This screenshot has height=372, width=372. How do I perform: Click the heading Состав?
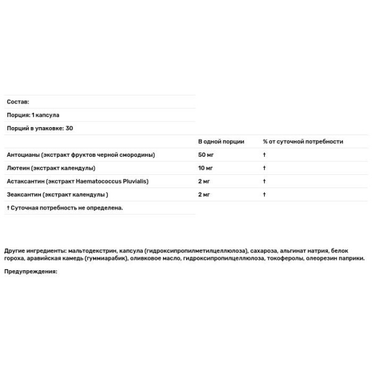click(x=17, y=101)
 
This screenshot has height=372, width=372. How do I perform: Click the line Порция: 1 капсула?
click(x=33, y=115)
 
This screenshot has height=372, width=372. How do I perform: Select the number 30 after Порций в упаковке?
click(x=69, y=128)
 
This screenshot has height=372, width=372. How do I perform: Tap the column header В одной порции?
click(x=221, y=141)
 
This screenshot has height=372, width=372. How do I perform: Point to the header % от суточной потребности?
click(x=303, y=141)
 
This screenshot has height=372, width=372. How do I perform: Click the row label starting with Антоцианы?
click(x=81, y=154)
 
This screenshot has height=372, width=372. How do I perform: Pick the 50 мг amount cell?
click(x=206, y=154)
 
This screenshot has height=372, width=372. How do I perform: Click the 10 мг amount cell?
click(x=206, y=168)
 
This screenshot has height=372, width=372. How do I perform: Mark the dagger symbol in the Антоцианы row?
click(x=264, y=154)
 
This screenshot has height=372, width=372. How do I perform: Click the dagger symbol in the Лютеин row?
click(x=264, y=168)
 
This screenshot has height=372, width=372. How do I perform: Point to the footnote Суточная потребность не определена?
click(x=67, y=208)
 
